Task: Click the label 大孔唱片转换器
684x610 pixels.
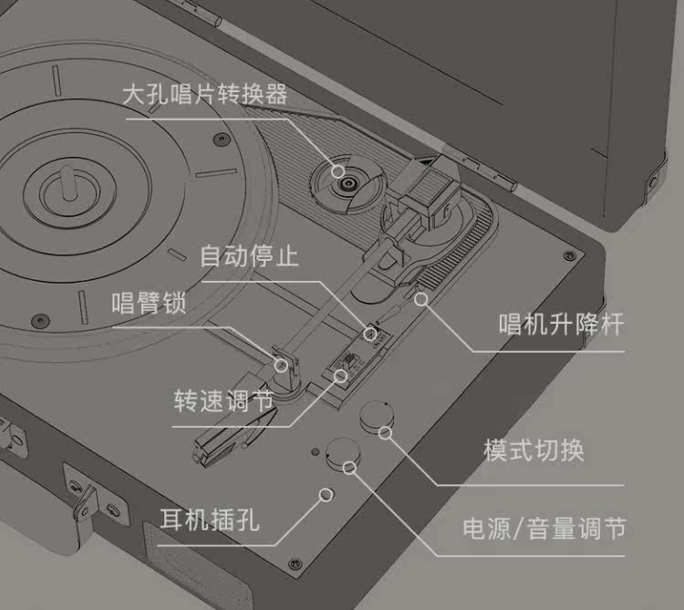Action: coord(205,94)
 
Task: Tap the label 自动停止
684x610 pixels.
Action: coord(249,256)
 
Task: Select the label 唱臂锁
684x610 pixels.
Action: coord(150,303)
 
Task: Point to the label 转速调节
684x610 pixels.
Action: coord(223,400)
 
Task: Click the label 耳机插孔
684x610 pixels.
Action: coord(210,520)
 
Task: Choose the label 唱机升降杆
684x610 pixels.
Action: coord(562,324)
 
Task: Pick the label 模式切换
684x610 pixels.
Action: coord(534,450)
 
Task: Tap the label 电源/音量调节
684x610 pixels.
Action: coord(544,528)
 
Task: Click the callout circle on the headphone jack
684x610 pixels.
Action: coord(326,494)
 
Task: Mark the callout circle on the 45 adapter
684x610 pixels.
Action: coord(337,171)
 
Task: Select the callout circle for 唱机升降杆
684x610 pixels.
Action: coord(421,299)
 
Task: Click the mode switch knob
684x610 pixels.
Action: coord(377,416)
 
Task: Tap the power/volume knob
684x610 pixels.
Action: coord(343,455)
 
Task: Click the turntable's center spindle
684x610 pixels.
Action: coord(68,184)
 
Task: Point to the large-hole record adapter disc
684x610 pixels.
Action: coord(348,184)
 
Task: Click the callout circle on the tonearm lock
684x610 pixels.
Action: coord(281,366)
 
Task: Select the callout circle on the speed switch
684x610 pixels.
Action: coord(341,376)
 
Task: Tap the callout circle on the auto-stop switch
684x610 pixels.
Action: coord(370,335)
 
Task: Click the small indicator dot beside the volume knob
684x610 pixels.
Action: coord(315,451)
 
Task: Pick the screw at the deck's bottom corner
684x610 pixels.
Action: coord(295,563)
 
